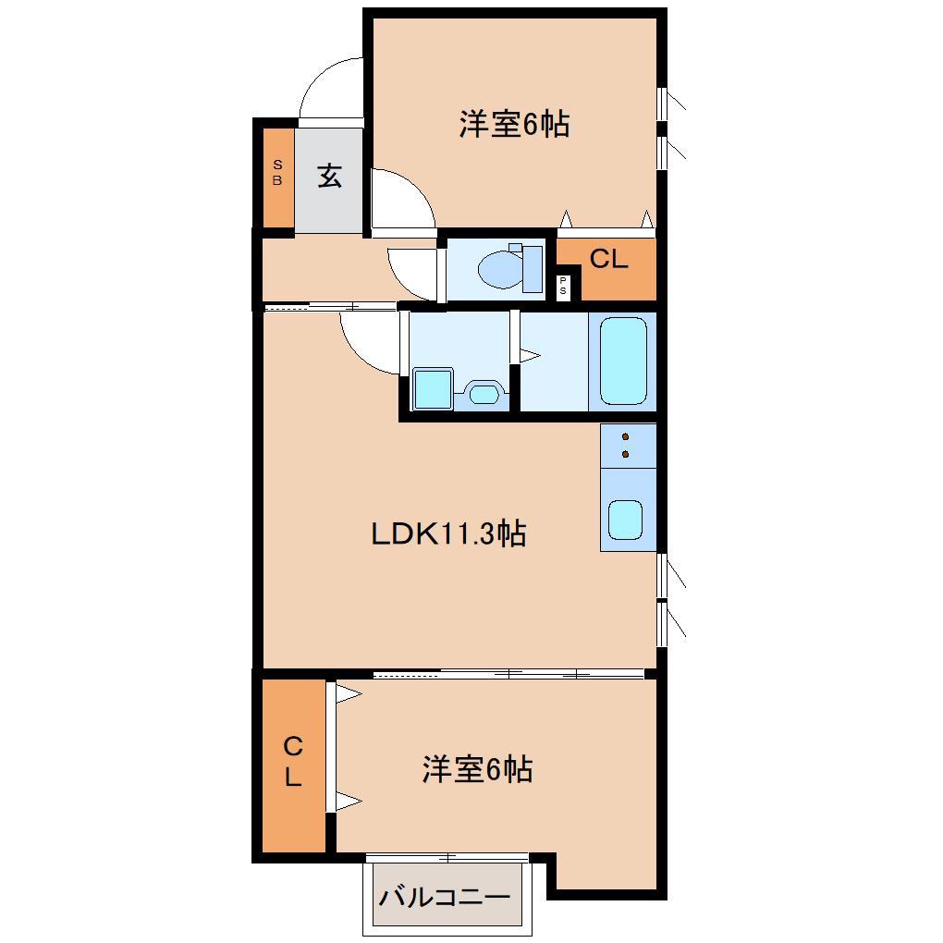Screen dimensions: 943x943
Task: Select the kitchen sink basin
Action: point(626,519)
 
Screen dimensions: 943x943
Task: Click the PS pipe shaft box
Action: point(563,288)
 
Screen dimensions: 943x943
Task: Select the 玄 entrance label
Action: point(329,176)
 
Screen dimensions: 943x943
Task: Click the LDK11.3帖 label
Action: point(448,533)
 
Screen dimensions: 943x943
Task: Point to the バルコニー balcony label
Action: point(446,897)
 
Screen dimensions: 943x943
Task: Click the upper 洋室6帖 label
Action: point(513,124)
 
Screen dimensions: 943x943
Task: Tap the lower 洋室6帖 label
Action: point(477,769)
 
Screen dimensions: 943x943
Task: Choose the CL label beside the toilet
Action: point(608,260)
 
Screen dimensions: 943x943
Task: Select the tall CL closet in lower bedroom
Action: point(293,763)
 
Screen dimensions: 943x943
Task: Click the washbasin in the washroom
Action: point(482,393)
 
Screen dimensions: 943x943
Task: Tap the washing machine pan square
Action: point(432,388)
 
